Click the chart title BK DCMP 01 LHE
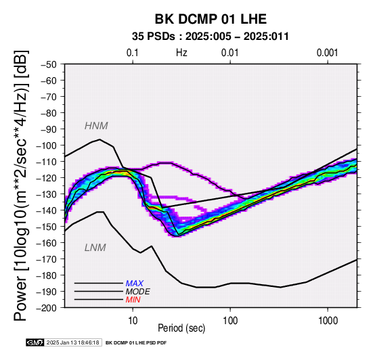211,19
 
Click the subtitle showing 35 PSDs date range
211,37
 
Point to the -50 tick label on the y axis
49,64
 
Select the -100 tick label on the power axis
47,145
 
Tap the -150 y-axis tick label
47,227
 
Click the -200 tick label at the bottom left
47,308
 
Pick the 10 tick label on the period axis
133,321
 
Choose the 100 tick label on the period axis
230,321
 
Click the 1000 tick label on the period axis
328,321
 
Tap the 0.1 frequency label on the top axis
133,53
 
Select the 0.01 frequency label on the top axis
230,53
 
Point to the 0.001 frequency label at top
327,53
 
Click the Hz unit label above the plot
181,53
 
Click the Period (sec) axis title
181,328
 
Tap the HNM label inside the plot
96,126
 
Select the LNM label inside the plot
95,248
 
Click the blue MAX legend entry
135,284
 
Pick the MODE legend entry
138,292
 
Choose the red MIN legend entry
133,300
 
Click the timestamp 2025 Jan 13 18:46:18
72,342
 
